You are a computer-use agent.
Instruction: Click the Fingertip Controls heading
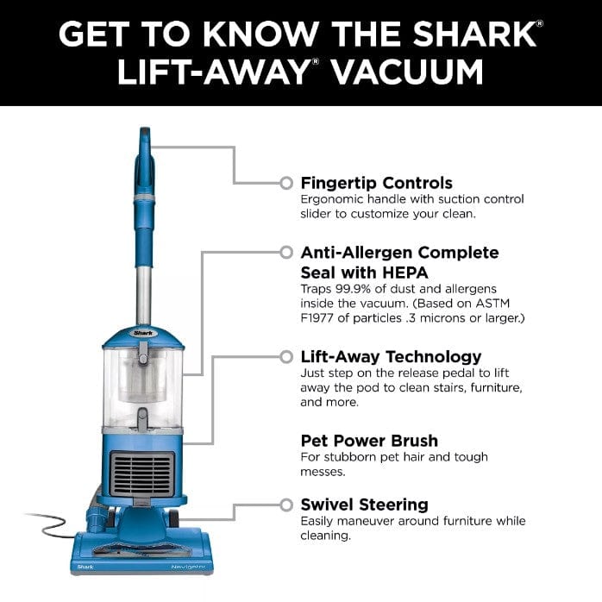[x=376, y=183]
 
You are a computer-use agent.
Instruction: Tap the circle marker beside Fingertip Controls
[x=286, y=183]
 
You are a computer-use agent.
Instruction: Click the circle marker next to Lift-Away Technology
[x=286, y=356]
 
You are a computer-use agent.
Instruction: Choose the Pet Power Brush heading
[x=369, y=440]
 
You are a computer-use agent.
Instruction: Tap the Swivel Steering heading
[x=364, y=505]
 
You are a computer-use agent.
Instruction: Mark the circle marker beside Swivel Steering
[x=286, y=504]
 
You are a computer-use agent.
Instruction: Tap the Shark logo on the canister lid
[x=141, y=329]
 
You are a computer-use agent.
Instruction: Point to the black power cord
[x=52, y=522]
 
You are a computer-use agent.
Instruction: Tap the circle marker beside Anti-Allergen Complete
[x=286, y=253]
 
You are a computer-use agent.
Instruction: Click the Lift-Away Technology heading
[x=391, y=356]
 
